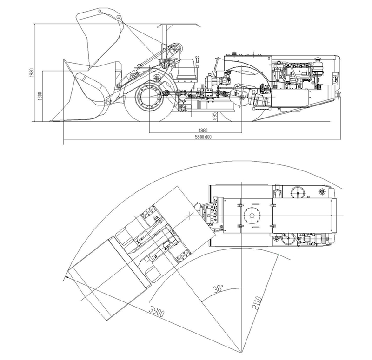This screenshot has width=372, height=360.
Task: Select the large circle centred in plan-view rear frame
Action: tap(252, 215)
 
